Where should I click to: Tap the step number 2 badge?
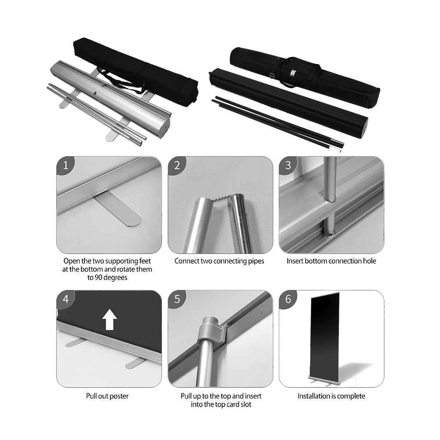177,165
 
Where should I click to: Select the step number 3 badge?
288,165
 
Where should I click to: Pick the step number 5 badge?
177,299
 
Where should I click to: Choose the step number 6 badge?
288,299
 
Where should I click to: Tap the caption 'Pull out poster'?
107,396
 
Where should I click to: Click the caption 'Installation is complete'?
331,396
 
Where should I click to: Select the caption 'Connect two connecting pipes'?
219,261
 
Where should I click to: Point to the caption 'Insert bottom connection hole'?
331,261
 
